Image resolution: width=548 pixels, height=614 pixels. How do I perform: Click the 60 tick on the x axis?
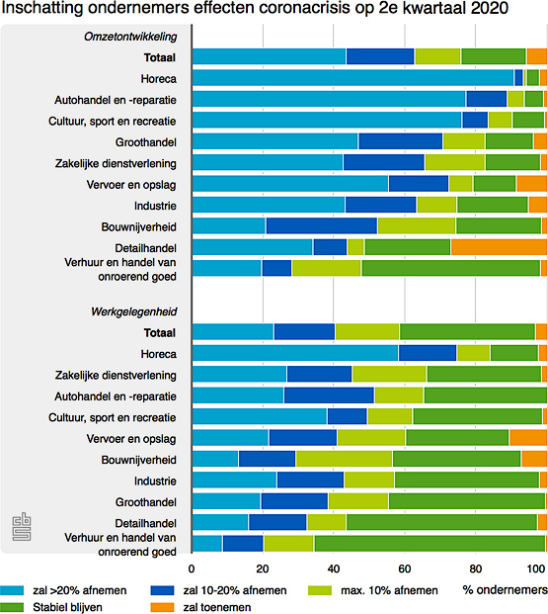[404, 570]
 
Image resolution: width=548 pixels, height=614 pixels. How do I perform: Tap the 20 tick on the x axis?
[263, 570]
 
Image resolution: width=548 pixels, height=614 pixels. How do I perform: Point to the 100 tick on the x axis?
[538, 570]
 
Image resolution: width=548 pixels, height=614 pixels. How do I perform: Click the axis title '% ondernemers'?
[505, 590]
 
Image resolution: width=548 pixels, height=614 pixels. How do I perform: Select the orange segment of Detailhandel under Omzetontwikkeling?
[499, 247]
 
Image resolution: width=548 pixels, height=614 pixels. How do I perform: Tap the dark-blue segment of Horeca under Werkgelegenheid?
[428, 353]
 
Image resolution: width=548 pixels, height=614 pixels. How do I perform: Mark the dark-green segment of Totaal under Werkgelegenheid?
[467, 332]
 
